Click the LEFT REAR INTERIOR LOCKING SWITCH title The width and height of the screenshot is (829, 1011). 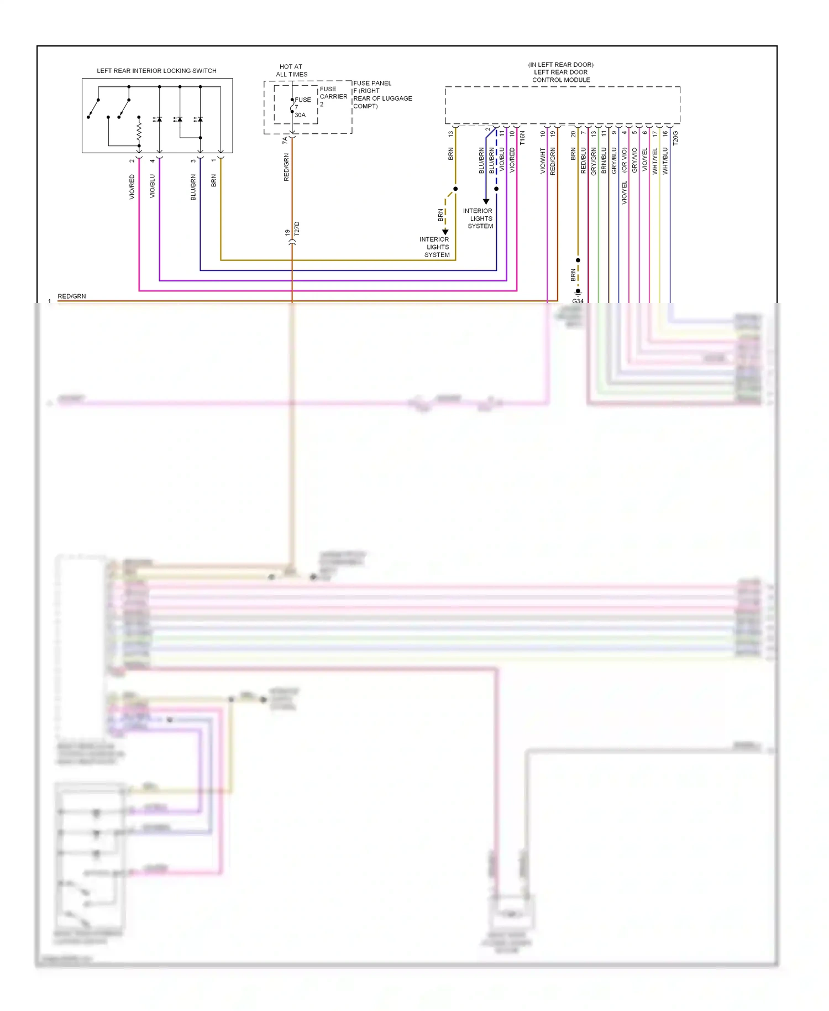click(156, 71)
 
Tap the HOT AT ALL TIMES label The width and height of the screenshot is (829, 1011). click(291, 70)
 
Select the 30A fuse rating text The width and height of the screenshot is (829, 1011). click(300, 115)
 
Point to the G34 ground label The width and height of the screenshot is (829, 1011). click(578, 301)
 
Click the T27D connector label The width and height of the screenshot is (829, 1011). click(297, 228)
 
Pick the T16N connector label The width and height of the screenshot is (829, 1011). click(522, 138)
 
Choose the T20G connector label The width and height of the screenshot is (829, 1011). click(675, 138)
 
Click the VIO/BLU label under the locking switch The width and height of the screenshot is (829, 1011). click(153, 186)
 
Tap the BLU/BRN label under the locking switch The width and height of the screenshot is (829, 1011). click(193, 187)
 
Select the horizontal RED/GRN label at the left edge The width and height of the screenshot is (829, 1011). click(72, 296)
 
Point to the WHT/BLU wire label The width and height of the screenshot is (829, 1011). click(665, 161)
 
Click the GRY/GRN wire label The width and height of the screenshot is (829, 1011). click(594, 161)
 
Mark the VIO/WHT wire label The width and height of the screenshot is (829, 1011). click(543, 160)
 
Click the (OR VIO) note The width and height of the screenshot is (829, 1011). click(625, 159)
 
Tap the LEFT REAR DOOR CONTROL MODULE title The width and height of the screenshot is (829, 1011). click(561, 72)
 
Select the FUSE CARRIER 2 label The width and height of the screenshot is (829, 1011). click(333, 96)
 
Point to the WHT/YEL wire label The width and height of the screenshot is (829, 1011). click(655, 161)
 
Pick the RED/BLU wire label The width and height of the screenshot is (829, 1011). click(584, 160)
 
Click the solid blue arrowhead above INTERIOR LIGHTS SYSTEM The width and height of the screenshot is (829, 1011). click(486, 202)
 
